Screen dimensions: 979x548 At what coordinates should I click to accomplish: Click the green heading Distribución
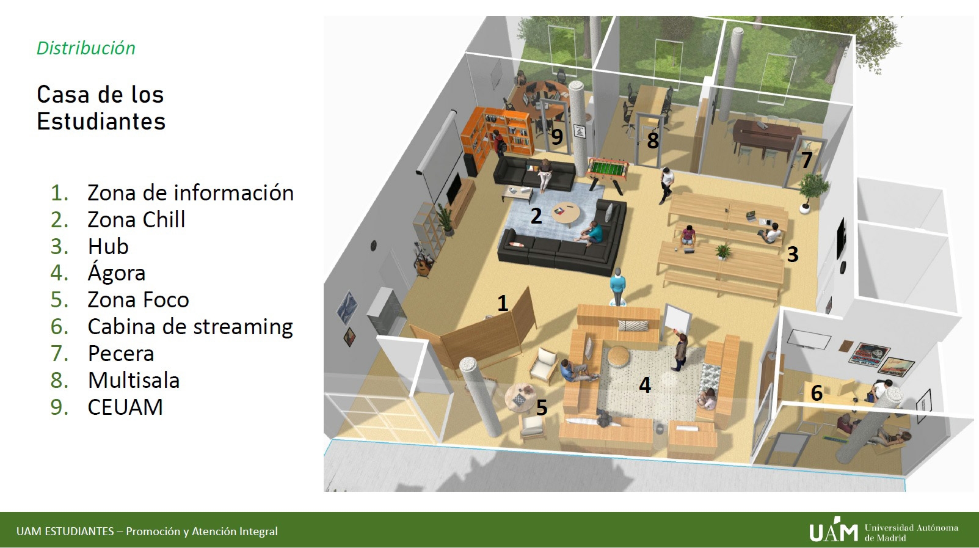(86, 48)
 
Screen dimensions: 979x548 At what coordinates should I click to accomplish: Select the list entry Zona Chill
(136, 219)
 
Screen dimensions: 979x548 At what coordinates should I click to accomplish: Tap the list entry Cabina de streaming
(190, 327)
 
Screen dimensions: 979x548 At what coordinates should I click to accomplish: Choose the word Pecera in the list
(121, 353)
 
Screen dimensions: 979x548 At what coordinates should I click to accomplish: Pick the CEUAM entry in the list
(125, 407)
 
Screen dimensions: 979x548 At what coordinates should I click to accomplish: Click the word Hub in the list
(108, 246)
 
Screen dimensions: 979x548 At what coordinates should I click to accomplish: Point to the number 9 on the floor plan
(557, 137)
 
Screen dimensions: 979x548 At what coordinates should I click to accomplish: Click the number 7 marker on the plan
(806, 159)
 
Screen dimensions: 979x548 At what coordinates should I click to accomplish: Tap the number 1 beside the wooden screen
(503, 303)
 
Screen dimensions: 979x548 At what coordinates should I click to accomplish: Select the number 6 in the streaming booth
(817, 393)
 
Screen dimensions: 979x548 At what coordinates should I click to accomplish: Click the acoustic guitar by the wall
(423, 264)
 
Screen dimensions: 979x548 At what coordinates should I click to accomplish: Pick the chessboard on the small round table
(518, 400)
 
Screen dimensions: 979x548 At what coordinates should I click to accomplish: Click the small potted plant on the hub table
(723, 252)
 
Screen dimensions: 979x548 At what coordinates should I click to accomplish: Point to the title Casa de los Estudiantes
(101, 108)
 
